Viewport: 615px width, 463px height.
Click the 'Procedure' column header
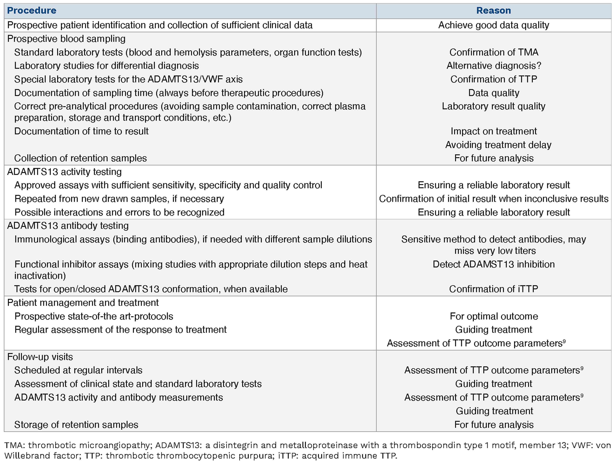[x=32, y=11]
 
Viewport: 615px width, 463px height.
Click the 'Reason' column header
[x=494, y=11]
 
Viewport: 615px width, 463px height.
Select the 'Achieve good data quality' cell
[x=494, y=25]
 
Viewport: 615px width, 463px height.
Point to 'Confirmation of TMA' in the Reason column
[x=494, y=52]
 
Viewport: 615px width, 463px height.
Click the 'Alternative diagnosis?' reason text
[x=494, y=66]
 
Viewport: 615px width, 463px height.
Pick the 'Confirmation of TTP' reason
[x=494, y=79]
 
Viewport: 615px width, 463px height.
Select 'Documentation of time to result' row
[x=81, y=131]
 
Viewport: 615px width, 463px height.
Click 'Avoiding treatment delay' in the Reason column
[x=498, y=145]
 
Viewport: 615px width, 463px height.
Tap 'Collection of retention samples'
[x=80, y=158]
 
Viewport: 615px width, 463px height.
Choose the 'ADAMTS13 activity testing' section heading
[x=64, y=172]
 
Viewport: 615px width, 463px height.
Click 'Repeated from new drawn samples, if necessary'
[x=119, y=199]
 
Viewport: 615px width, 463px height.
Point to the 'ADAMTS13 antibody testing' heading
[x=68, y=226]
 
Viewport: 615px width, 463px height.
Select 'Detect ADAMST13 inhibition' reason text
[x=494, y=264]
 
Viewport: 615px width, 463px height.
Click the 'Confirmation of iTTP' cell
[x=494, y=289]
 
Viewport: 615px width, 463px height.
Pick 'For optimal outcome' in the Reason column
[x=494, y=316]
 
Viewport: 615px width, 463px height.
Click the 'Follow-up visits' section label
[x=40, y=357]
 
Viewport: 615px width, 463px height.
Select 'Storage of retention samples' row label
[x=76, y=425]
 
